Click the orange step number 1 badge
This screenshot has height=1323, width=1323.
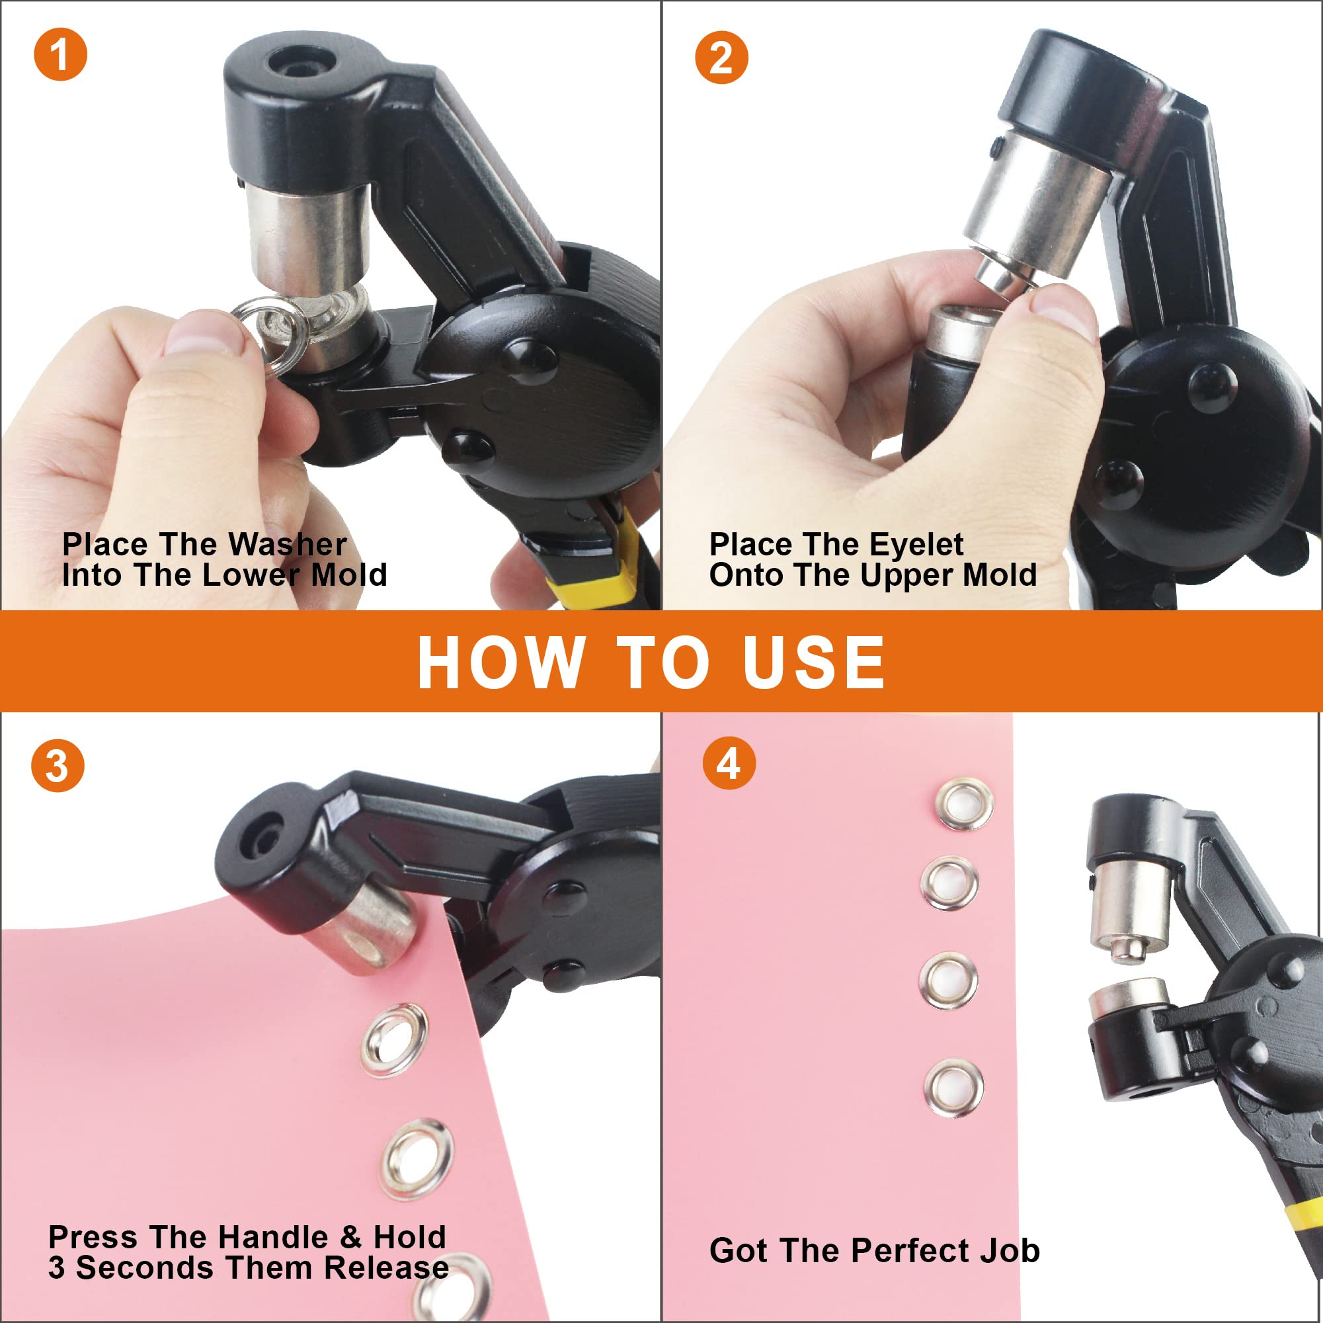(x=60, y=54)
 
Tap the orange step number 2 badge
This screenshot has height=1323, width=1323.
(x=721, y=58)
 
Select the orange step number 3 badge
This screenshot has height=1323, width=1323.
(x=58, y=766)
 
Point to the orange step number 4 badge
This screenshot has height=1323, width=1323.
(x=729, y=763)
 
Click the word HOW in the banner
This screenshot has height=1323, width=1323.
(x=501, y=662)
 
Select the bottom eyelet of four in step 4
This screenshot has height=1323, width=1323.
(x=954, y=1088)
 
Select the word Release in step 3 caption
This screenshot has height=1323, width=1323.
(x=386, y=1267)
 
